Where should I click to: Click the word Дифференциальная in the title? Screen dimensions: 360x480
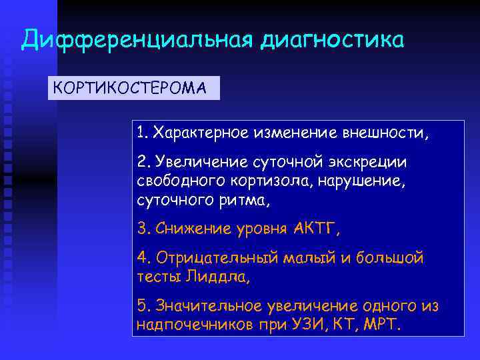pos(137,40)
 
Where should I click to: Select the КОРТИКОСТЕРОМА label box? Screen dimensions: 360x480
pos(133,88)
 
